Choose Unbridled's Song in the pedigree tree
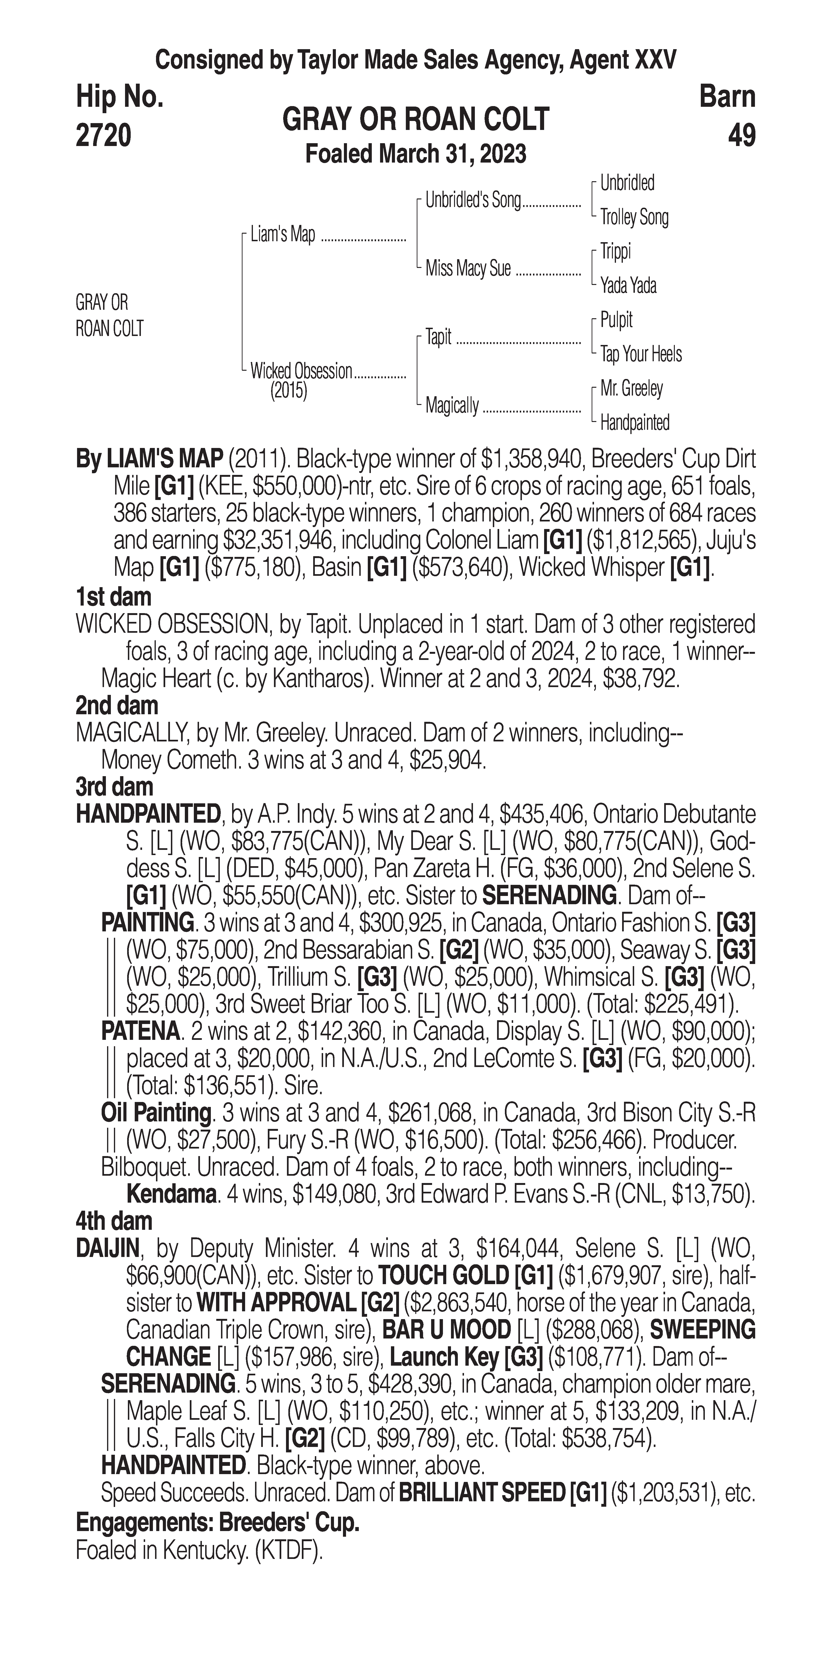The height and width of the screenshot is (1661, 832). click(473, 201)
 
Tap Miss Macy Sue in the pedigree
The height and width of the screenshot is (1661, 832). click(468, 268)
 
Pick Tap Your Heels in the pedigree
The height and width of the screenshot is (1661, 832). click(641, 354)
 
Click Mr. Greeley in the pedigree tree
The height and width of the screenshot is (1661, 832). click(631, 388)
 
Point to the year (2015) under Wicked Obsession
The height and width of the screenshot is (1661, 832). click(288, 391)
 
